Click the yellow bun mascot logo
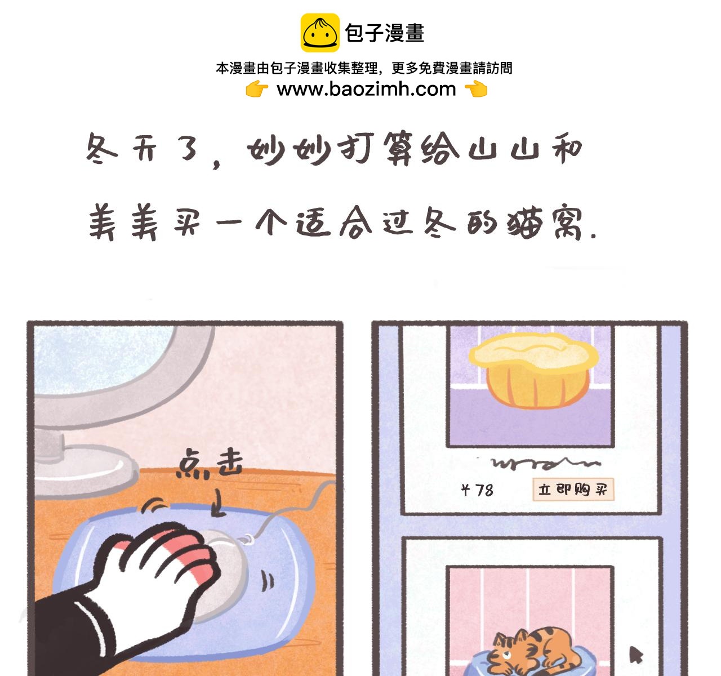pos(320,33)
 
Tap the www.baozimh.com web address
pos(366,89)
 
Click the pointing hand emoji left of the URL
pos(257,89)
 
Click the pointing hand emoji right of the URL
pos(476,89)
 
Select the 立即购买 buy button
pos(573,490)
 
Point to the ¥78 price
pos(477,490)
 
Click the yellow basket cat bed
pos(533,370)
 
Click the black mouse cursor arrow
pos(636,654)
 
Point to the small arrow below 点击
pos(219,502)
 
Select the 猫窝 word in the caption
pos(544,223)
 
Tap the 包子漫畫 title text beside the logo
pos(385,33)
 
